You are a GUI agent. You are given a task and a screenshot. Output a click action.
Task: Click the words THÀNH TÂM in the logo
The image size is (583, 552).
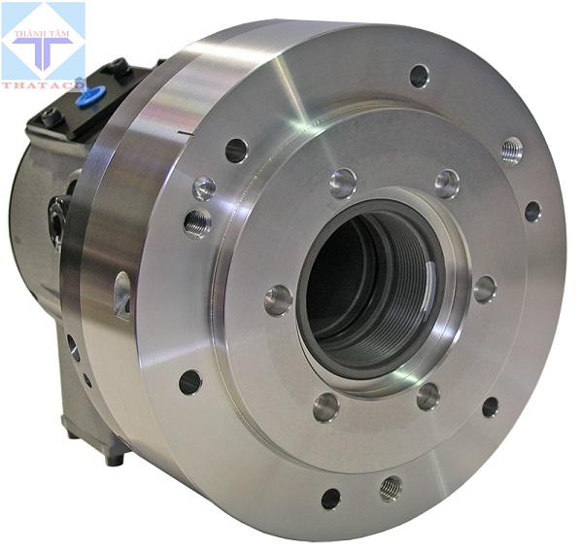click(43, 36)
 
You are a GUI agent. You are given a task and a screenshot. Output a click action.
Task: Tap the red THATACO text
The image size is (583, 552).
click(43, 85)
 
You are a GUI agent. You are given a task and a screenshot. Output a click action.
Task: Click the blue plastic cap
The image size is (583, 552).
click(94, 95)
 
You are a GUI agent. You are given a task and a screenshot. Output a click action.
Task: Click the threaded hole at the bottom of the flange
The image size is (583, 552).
click(391, 486)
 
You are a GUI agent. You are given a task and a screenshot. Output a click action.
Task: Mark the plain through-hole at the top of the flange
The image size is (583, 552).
click(420, 75)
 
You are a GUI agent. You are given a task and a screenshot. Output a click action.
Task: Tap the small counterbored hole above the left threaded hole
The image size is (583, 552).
click(204, 188)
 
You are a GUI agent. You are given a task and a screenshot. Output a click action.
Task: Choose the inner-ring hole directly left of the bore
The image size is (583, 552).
click(279, 299)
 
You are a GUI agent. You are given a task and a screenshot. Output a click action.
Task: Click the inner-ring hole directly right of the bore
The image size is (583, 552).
click(483, 289)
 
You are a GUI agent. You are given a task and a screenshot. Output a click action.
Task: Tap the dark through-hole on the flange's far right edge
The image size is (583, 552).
click(532, 211)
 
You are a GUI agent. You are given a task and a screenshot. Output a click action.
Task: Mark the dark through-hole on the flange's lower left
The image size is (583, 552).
click(190, 382)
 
